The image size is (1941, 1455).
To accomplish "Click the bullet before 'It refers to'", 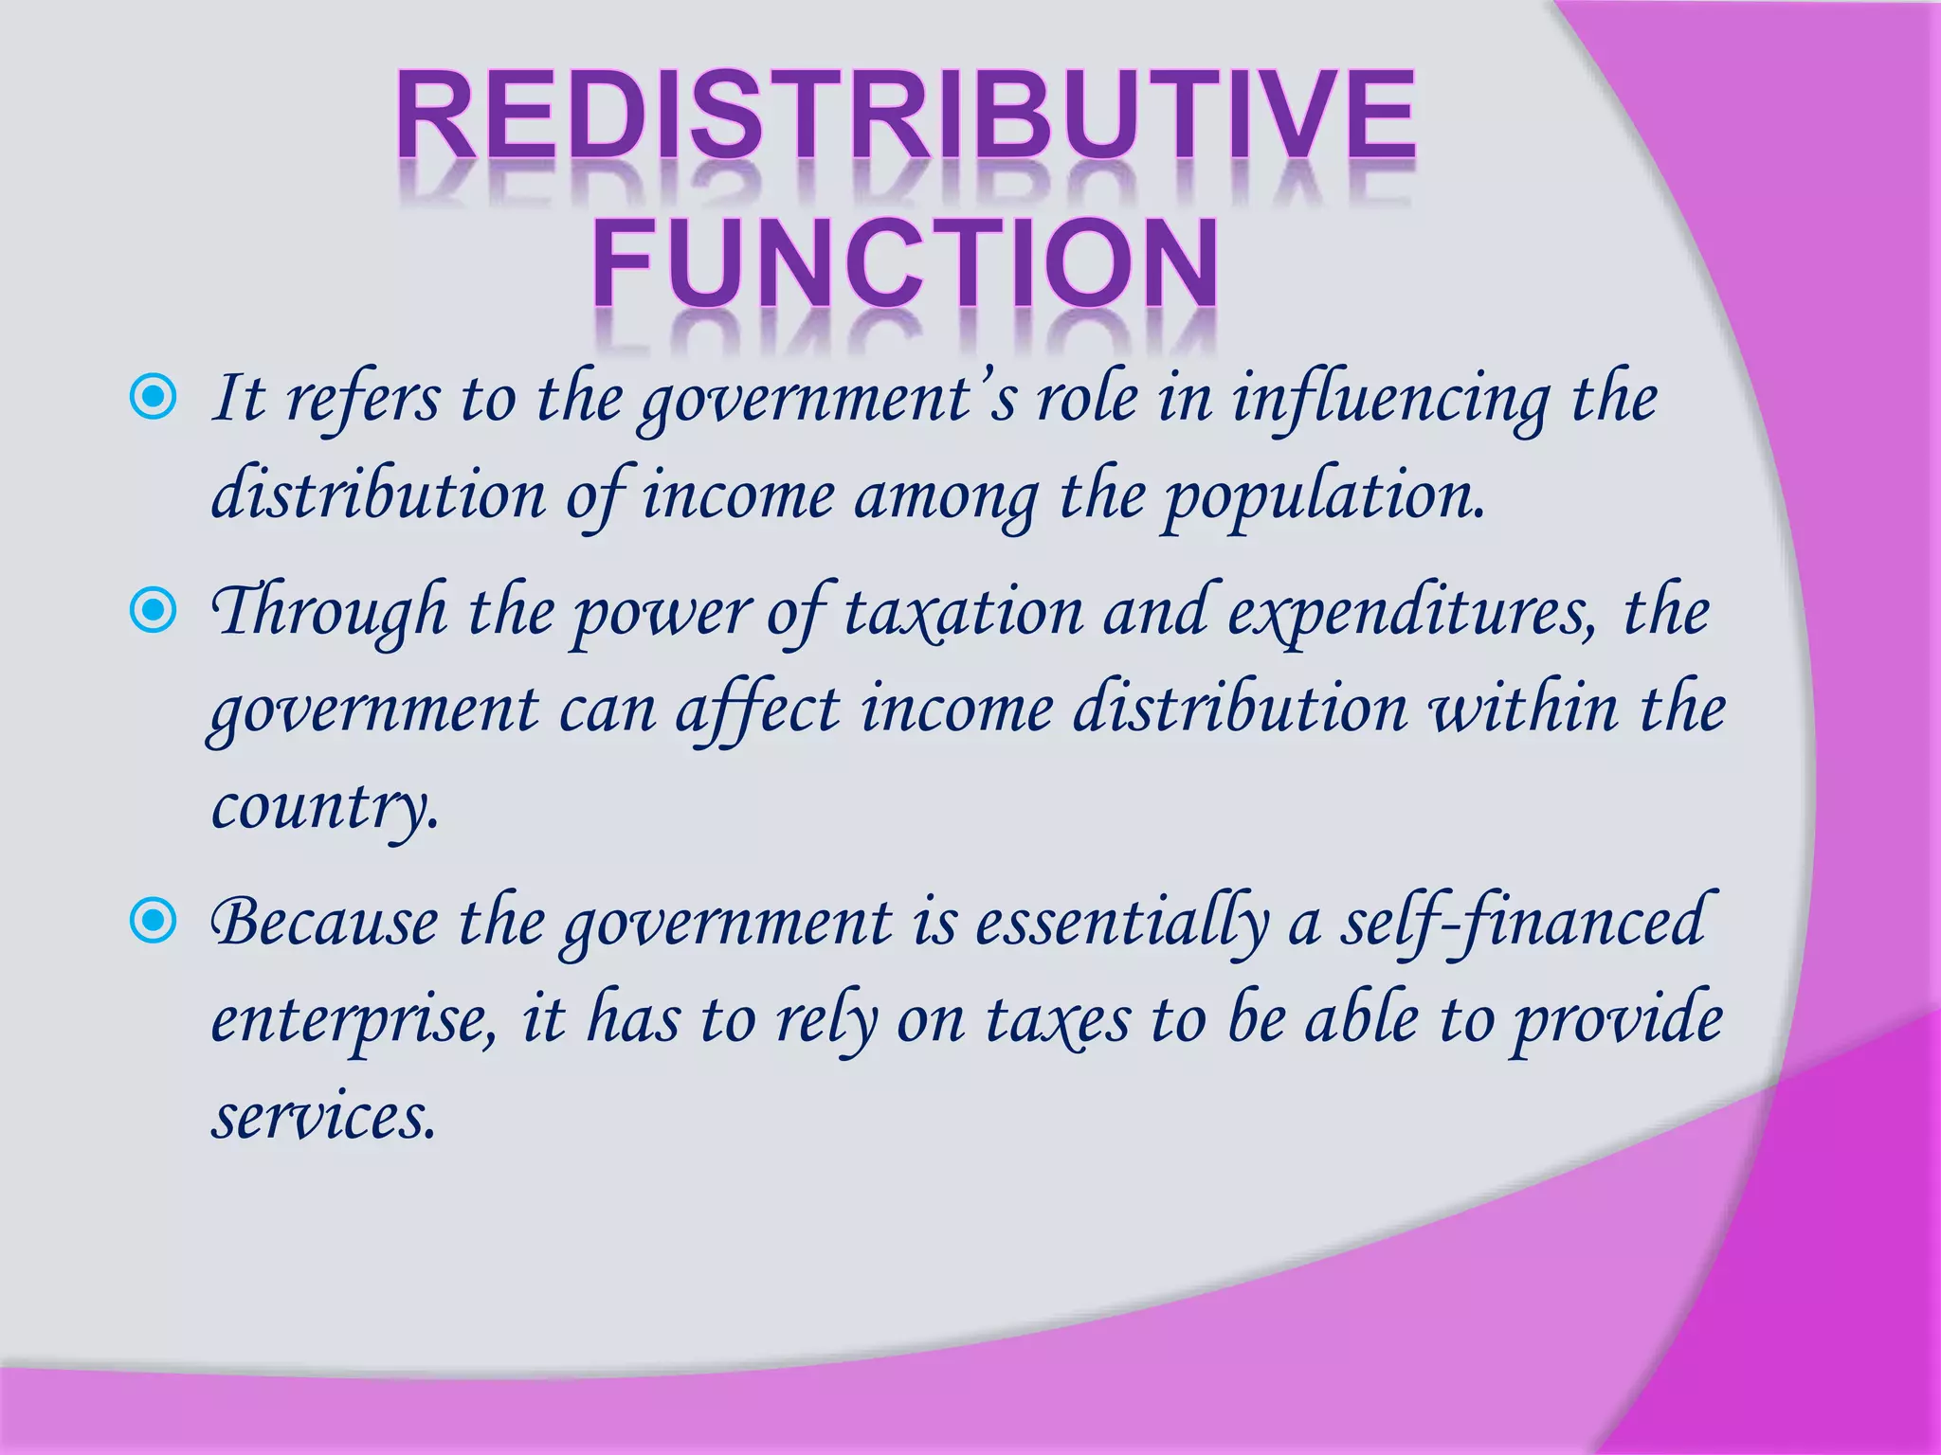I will [x=153, y=399].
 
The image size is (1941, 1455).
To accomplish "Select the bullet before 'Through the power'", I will [x=153, y=611].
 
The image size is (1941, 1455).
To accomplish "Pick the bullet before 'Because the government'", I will [x=153, y=920].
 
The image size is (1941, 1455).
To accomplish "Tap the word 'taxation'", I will [x=964, y=612].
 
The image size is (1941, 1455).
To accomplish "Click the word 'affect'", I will [x=757, y=710].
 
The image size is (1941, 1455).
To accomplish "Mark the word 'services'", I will [x=323, y=1118].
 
